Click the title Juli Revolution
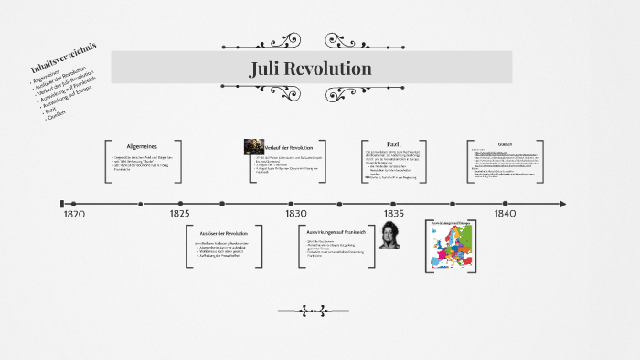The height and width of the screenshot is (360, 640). [310, 69]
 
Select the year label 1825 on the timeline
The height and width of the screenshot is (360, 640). [179, 213]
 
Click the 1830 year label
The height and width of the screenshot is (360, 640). [295, 213]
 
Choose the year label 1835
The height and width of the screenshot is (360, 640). [393, 213]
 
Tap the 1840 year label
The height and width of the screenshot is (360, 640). [505, 213]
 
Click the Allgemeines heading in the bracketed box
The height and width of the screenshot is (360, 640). [143, 146]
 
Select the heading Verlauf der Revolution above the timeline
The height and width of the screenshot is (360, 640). [289, 147]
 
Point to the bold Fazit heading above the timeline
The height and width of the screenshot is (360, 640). [394, 144]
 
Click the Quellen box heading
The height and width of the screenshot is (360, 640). [505, 144]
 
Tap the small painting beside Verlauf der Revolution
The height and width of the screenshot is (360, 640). [253, 146]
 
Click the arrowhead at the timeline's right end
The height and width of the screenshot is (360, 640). [562, 204]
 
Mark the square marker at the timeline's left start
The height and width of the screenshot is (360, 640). [61, 204]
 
